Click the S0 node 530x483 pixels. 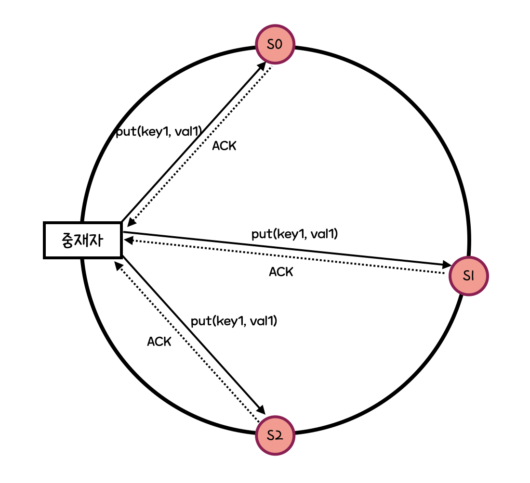click(275, 44)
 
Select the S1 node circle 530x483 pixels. click(469, 276)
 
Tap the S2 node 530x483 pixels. click(275, 435)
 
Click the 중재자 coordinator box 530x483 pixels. click(82, 240)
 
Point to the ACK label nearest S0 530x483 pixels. click(224, 146)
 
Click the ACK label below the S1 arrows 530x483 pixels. click(281, 272)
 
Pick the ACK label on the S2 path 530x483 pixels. click(159, 342)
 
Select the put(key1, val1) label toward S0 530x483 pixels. click(159, 132)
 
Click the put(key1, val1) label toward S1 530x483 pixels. click(295, 234)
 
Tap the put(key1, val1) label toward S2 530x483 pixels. click(234, 321)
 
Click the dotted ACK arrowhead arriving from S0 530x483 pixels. click(130, 222)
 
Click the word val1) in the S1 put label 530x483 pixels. click(324, 234)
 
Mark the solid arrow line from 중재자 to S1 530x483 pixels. click(289, 248)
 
